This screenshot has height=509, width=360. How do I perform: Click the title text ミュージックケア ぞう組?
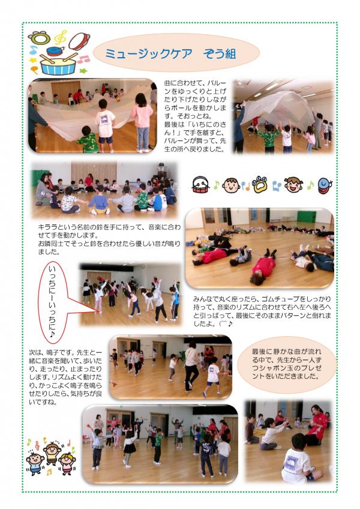pyautogui.click(x=171, y=53)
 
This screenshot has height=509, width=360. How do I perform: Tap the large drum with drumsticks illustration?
pyautogui.click(x=58, y=64)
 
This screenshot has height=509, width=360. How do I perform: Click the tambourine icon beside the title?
pyautogui.click(x=79, y=41)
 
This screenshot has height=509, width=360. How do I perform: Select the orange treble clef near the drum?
pyautogui.click(x=61, y=37)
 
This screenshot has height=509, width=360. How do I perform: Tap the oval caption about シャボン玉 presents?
pyautogui.click(x=287, y=364)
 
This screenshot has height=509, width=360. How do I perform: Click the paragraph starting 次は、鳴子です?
pyautogui.click(x=65, y=377)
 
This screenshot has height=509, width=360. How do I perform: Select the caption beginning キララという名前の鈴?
pyautogui.click(x=109, y=239)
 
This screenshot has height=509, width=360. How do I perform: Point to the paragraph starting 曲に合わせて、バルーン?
pyautogui.click(x=195, y=116)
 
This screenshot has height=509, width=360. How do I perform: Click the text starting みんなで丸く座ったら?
pyautogui.click(x=262, y=311)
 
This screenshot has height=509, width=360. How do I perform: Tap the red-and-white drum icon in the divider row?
pyautogui.click(x=200, y=185)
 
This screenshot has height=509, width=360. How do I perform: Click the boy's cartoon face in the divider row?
pyautogui.click(x=231, y=185)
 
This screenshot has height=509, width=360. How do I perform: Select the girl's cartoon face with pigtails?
pyautogui.click(x=293, y=184)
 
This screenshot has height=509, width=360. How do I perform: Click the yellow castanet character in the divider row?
pyautogui.click(x=260, y=184)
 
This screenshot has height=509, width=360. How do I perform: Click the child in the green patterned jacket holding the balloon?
pyautogui.click(x=88, y=140)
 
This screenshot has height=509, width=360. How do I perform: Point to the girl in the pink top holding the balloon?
pyautogui.click(x=142, y=122)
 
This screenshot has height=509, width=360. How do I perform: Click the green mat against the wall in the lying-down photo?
pyautogui.click(x=307, y=216)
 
